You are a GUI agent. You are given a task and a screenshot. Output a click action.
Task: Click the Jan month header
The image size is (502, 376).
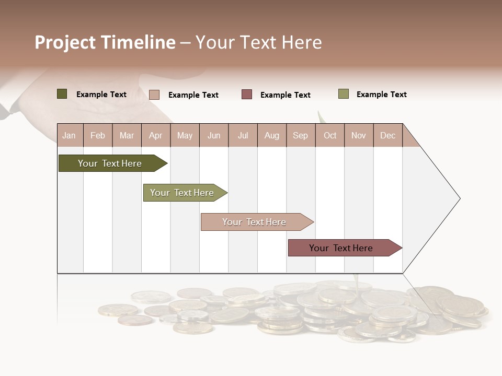[69, 135]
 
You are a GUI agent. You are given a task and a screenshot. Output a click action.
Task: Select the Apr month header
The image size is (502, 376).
[156, 135]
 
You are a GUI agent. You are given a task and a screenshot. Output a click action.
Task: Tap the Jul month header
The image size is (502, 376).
[243, 135]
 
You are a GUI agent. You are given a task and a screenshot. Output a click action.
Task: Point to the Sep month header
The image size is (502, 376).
[300, 135]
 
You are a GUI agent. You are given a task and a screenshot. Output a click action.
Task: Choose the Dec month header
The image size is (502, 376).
[387, 135]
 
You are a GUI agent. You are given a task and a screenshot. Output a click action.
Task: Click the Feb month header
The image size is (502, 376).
[98, 135]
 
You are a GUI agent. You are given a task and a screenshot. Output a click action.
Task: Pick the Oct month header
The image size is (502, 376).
[330, 135]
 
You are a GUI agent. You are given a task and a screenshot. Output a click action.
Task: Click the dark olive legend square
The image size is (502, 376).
[62, 94]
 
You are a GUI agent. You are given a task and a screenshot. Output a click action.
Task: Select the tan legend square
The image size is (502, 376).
[154, 95]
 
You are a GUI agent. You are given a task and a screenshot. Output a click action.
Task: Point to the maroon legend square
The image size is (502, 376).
[247, 95]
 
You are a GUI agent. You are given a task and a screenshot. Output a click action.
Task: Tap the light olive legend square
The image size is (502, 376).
[344, 94]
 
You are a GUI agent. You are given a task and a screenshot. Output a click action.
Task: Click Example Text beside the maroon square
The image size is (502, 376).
[285, 95]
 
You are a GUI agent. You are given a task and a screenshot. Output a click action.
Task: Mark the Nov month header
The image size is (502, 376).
[359, 135]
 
